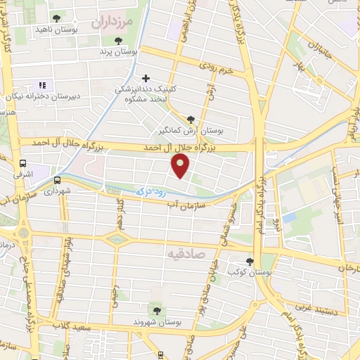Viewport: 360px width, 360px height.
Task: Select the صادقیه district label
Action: pos(186,250)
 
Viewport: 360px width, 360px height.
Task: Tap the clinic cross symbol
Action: pos(146,79)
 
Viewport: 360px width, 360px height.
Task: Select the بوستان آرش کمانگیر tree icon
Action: pos(191,120)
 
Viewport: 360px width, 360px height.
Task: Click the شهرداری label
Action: pos(58,191)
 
